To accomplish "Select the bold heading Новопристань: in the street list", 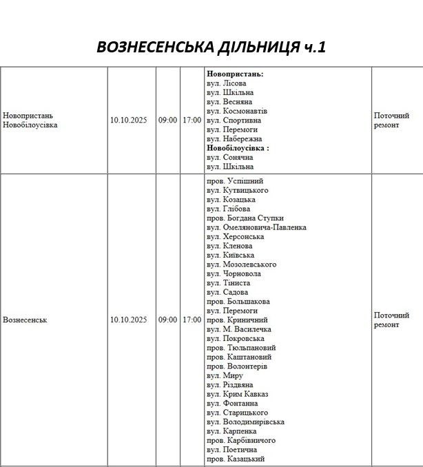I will [x=235, y=74].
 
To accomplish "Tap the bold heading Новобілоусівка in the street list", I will [x=237, y=147].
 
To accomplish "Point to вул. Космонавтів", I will [x=237, y=111].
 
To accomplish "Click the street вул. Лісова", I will [x=226, y=83].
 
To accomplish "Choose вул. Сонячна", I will [x=229, y=157].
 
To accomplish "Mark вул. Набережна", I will [x=234, y=138].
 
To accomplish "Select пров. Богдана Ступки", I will [x=245, y=218].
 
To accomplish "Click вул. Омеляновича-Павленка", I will [x=256, y=227].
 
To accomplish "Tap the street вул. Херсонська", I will [x=235, y=236].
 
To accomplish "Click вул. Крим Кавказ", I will [x=237, y=394].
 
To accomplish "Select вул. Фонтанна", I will [x=232, y=404].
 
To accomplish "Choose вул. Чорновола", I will [x=233, y=273].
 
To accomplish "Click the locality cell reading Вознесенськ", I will [x=25, y=320].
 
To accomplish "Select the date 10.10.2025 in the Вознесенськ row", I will [x=129, y=320].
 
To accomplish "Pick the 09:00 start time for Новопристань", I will [x=167, y=121].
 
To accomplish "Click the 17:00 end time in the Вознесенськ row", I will [x=192, y=320].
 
